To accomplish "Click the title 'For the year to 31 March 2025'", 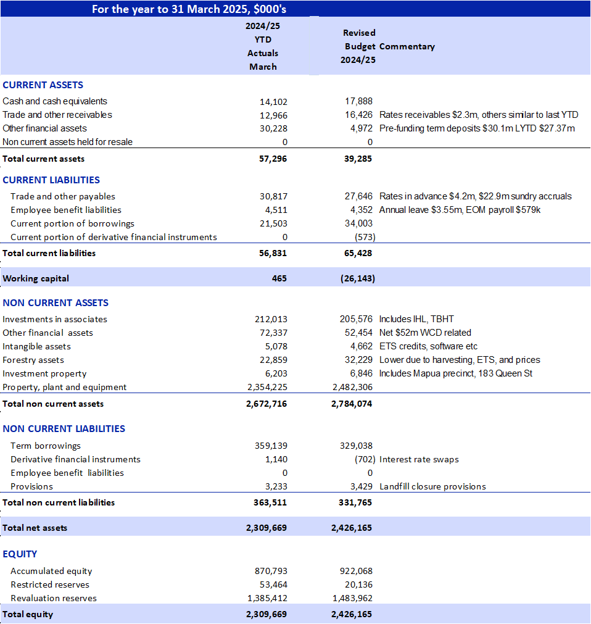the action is tap(171, 9).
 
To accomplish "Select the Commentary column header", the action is tap(407, 46).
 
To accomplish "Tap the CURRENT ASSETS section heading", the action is tap(43, 85).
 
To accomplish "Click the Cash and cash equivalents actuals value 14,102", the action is tap(273, 102).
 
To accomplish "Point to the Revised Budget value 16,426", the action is tap(359, 115).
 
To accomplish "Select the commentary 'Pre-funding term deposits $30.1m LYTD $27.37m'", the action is tap(477, 128).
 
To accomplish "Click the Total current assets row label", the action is tap(43, 159).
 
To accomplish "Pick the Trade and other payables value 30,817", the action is tap(273, 196).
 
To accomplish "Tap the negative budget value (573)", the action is tap(365, 237).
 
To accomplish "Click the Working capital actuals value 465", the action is tap(279, 278).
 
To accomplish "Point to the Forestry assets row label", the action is tap(33, 360).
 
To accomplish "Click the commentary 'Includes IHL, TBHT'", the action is tap(416, 319).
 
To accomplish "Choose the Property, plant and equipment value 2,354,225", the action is tap(267, 387).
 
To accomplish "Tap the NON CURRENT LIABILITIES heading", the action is tap(64, 428).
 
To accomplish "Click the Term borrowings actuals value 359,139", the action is tap(271, 446).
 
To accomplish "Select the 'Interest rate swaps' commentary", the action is tap(419, 460).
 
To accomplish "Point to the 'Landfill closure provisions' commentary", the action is tap(432, 487).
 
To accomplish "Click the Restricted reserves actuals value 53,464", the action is tap(273, 584).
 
